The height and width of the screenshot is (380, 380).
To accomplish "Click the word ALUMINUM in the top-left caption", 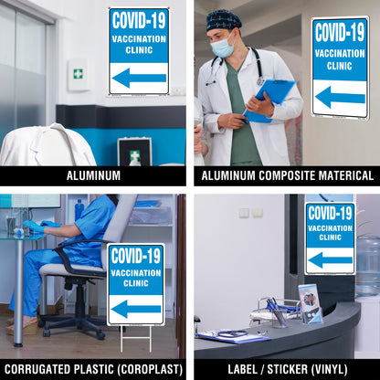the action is click(x=93, y=175).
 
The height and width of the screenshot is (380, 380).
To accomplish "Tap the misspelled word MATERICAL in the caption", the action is click(x=342, y=175).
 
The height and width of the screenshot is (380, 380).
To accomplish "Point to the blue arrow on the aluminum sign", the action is click(x=139, y=78).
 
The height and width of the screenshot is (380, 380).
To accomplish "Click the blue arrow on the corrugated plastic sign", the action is click(x=136, y=309).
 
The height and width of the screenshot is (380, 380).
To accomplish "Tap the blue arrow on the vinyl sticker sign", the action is click(x=331, y=260).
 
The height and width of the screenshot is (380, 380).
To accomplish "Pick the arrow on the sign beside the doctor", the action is click(x=340, y=97).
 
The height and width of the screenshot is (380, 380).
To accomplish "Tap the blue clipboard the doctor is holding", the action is click(x=270, y=99).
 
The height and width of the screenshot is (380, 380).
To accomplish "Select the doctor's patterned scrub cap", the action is click(x=224, y=19).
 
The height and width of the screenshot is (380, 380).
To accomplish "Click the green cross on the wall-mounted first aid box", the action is click(x=78, y=74).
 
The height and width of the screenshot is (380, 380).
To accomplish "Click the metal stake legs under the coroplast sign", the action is click(x=136, y=339).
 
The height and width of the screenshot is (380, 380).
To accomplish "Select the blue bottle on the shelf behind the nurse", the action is click(x=79, y=209).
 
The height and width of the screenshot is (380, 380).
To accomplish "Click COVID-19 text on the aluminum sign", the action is click(x=139, y=21).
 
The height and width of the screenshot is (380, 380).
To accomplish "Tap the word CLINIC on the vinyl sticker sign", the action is click(x=331, y=237).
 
